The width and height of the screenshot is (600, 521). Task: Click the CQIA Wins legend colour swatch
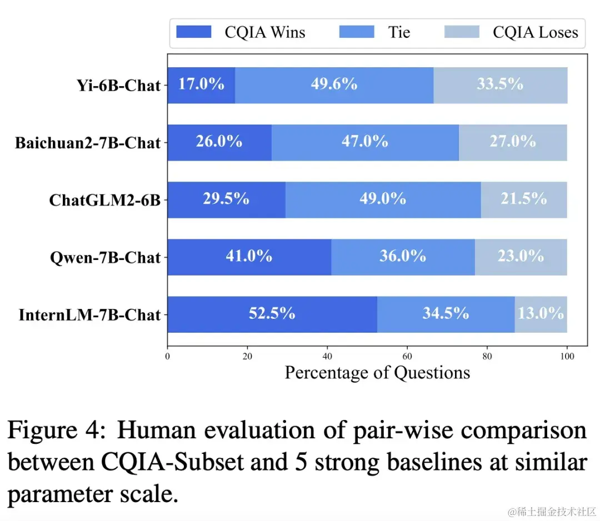[x=194, y=32]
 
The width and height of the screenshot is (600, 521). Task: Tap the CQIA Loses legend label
[x=535, y=32]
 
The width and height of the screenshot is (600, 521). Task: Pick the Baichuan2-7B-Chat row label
[x=88, y=143]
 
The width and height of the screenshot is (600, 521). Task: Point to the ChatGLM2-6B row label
[x=104, y=200]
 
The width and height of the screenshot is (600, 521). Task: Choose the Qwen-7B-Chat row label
[x=104, y=258]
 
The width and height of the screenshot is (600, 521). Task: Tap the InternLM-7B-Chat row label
[x=89, y=315]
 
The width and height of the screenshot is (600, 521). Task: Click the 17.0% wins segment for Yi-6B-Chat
[x=201, y=85]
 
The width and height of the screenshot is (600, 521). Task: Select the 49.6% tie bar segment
[x=334, y=85]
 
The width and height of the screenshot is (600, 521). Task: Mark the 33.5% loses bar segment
[x=500, y=85]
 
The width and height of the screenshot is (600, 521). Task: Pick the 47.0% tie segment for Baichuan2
[x=365, y=142]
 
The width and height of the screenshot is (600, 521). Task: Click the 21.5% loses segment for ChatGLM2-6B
[x=524, y=199]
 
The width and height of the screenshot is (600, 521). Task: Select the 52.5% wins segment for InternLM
[x=272, y=314]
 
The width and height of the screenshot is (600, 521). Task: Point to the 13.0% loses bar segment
[x=541, y=314]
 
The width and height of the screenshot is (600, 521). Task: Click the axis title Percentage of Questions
[x=377, y=372]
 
